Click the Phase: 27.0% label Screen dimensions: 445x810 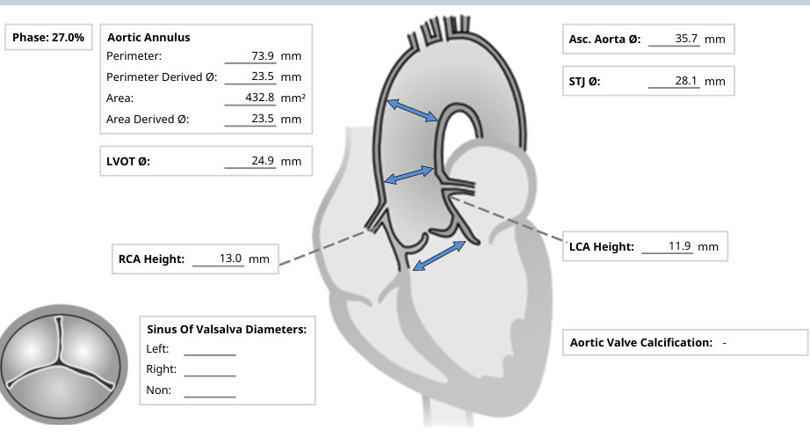coord(48,38)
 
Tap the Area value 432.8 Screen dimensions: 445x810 coord(260,98)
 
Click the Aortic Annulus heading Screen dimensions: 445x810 coord(148,38)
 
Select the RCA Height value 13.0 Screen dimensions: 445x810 coord(230,259)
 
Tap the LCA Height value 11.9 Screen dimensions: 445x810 coord(680,246)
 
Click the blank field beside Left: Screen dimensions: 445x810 coord(209,348)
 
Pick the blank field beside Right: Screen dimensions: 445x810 coord(209,369)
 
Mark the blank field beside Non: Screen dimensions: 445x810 coord(209,390)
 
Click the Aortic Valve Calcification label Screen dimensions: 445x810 coord(641,342)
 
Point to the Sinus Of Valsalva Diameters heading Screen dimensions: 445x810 coord(226,330)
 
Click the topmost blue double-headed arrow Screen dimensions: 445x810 coord(414,110)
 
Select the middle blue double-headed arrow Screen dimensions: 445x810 coord(409,175)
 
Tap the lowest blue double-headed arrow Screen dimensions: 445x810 coord(439,256)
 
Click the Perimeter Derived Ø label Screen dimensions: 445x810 coord(162,77)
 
